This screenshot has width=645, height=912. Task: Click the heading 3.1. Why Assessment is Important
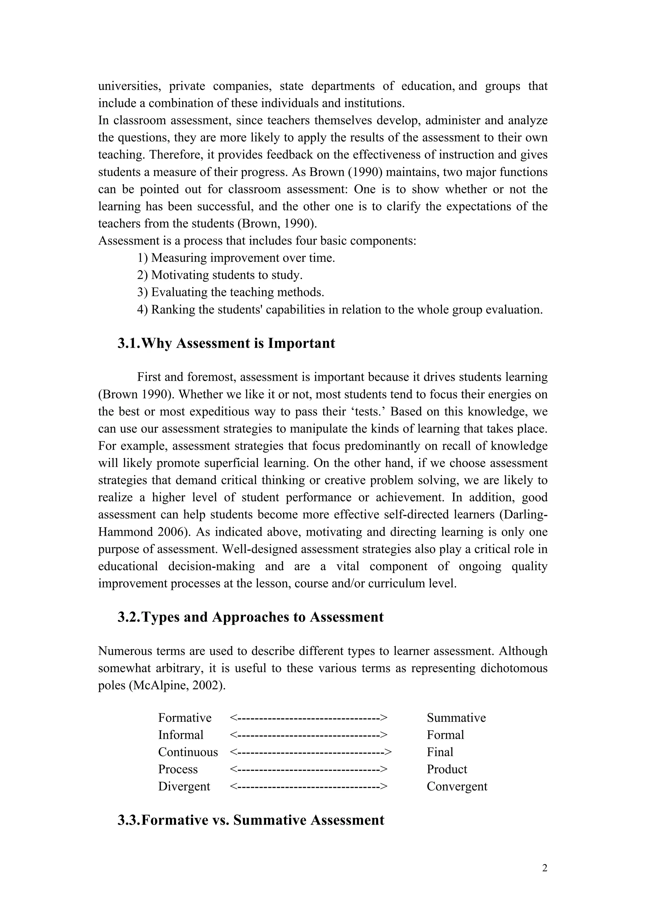[x=226, y=343]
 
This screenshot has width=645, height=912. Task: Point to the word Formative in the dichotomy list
[x=185, y=718]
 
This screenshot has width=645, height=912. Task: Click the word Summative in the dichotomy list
[x=456, y=718]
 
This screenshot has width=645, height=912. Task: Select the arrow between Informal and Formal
[x=309, y=735]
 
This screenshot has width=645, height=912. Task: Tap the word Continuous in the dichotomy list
[x=188, y=752]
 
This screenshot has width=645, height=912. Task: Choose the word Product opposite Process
[x=447, y=769]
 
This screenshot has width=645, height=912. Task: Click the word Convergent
[x=457, y=786]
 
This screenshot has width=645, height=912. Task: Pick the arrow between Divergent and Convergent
[x=309, y=786]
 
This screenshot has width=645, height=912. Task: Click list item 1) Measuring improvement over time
[x=236, y=258]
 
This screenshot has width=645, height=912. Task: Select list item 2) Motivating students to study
[x=220, y=275]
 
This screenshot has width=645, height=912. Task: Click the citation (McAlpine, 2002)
[x=177, y=686]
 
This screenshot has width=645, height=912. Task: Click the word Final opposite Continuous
[x=440, y=752]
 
